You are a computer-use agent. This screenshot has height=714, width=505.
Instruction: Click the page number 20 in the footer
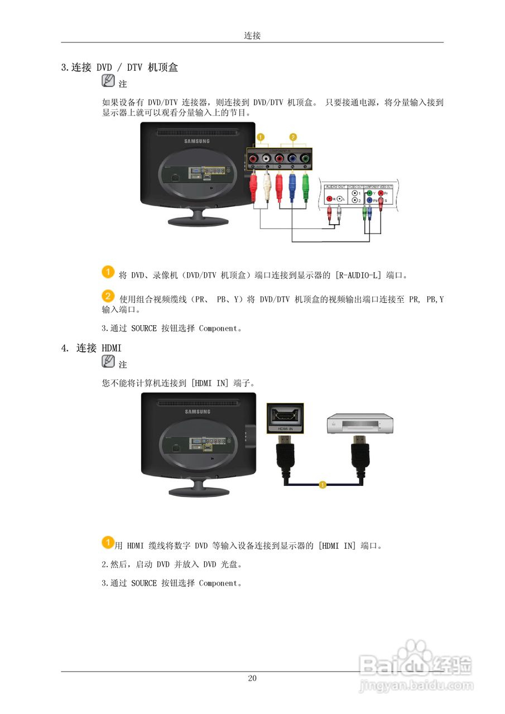pyautogui.click(x=252, y=678)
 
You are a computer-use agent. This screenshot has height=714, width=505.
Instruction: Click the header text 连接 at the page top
pyautogui.click(x=252, y=36)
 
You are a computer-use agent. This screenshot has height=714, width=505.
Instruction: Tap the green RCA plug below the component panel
pyautogui.click(x=305, y=186)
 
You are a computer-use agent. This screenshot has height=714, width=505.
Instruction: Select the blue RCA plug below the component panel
pyautogui.click(x=292, y=186)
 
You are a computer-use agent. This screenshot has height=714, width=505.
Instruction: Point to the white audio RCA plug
pyautogui.click(x=266, y=186)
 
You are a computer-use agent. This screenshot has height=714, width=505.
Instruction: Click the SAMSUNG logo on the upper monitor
pyautogui.click(x=198, y=141)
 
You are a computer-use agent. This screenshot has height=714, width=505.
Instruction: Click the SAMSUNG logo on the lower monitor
pyautogui.click(x=198, y=412)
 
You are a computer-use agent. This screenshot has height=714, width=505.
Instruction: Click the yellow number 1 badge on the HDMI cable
pyautogui.click(x=322, y=484)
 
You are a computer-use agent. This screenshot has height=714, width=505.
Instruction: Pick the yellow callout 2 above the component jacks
pyautogui.click(x=292, y=137)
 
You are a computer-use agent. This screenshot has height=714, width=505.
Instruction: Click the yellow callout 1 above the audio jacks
pyautogui.click(x=259, y=137)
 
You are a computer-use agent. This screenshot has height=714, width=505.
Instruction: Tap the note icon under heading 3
pyautogui.click(x=109, y=81)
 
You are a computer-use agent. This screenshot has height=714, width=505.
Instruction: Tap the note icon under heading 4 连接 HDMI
pyautogui.click(x=109, y=361)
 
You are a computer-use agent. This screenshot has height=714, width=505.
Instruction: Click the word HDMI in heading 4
pyautogui.click(x=112, y=348)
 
